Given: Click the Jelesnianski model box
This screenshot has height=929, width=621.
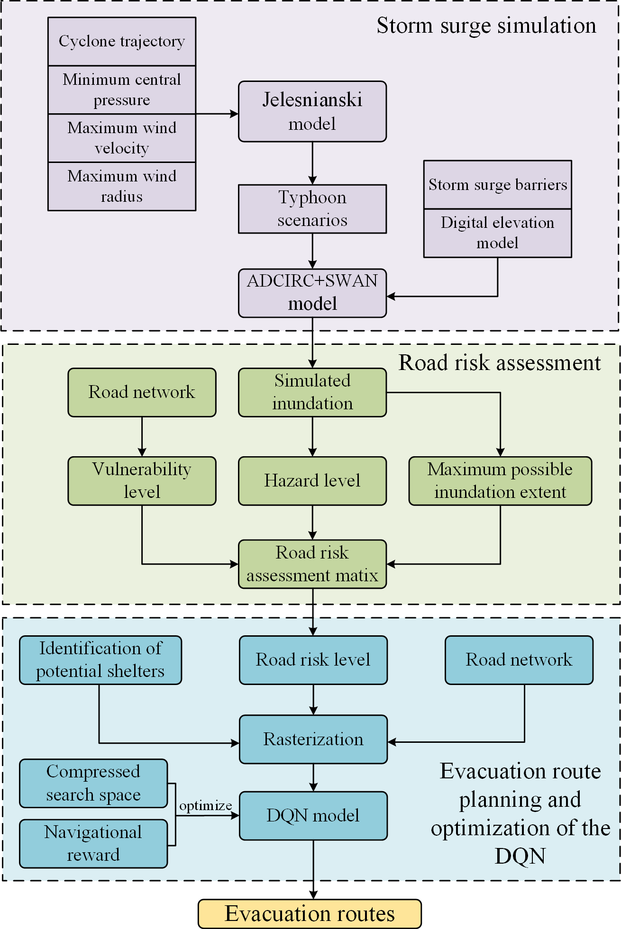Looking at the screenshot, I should point(312,111).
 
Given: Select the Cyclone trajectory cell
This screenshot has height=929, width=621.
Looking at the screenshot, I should point(122,42).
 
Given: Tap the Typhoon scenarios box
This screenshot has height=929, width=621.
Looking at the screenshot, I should point(312,209).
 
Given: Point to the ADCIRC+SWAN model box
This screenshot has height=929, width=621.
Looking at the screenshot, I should point(312,293).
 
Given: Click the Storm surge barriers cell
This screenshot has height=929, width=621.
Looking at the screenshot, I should point(498,185).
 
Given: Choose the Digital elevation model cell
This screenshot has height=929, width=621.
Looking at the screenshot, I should point(498,233).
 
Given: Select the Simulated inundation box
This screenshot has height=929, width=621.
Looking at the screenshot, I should point(312,392).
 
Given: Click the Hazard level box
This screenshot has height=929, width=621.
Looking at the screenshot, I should point(312,481).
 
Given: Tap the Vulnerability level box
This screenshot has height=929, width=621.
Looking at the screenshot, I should point(142,481).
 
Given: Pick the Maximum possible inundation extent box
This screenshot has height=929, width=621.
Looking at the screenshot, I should point(500,481).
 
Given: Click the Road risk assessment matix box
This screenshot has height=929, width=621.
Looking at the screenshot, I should point(312,564).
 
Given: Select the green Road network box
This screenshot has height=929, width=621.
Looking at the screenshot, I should point(142,392).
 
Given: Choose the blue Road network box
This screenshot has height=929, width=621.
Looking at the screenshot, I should point(519,660).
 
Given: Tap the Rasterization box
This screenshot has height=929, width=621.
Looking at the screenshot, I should point(313,739).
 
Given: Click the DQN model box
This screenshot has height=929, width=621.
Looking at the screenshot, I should point(313,815).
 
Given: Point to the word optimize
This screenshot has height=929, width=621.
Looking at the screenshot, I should point(205,805).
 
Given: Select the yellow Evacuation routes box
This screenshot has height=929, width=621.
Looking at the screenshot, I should point(310,913).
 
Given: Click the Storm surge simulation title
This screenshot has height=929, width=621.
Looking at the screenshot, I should point(486,26).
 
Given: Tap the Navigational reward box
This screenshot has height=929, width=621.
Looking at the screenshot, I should point(93,844).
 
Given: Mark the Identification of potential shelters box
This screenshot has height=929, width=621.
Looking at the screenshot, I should point(100,660).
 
